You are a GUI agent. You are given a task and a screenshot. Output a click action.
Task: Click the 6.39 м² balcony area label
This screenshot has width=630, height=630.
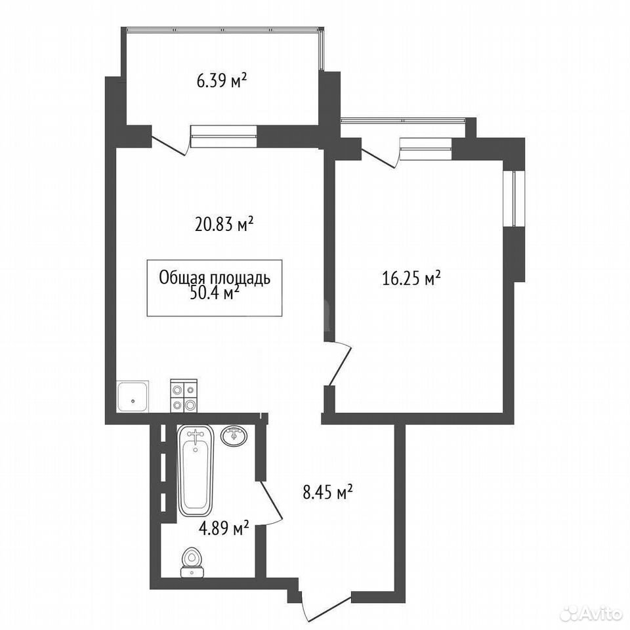pos(221,81)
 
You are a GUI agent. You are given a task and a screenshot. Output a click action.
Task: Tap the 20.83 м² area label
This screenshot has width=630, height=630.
pos(224,224)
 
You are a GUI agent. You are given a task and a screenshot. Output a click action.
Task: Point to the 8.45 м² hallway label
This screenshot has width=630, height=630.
pos(328,492)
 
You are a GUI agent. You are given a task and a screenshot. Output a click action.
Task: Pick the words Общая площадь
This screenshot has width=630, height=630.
pos(215,278)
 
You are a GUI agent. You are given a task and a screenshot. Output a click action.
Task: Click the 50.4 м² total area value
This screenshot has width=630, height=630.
pos(214,293)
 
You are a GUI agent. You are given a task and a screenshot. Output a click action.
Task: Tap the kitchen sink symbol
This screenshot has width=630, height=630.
pos(133,396)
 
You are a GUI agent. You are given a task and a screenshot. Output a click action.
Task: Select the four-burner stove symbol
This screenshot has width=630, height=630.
pos(184,396)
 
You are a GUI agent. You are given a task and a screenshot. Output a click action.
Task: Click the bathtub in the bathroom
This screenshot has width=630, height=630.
pos(196,471)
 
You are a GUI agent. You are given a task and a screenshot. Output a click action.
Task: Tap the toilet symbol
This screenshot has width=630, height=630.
pos(192,563)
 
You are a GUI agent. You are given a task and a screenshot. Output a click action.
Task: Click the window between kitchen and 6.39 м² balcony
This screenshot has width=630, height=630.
pos(223,136)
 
